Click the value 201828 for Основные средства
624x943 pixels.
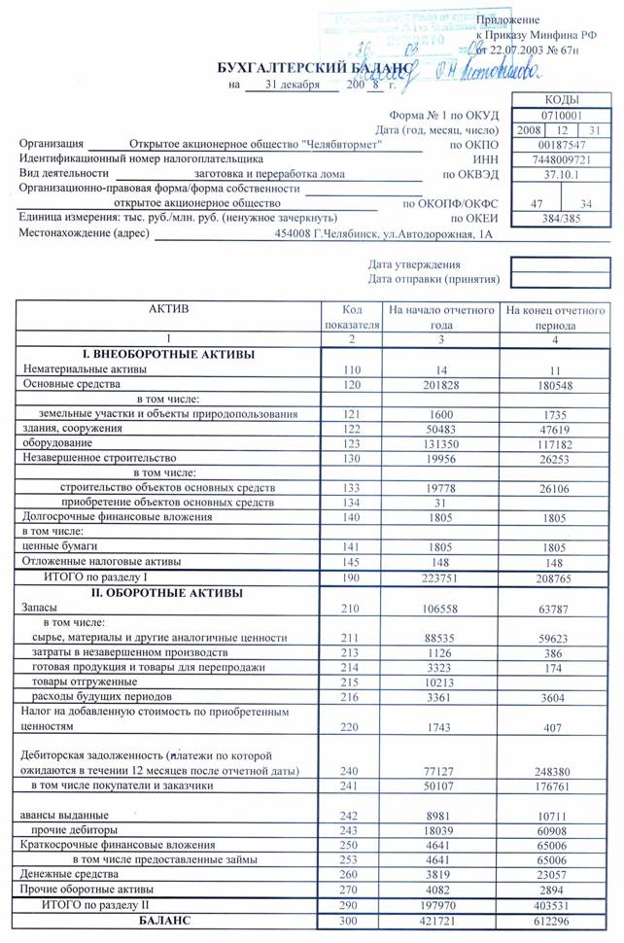[x=440, y=384]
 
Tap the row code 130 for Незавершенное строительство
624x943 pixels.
[x=351, y=457]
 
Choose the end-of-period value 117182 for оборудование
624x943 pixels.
[x=555, y=442]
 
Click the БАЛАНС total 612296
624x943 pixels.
[x=555, y=919]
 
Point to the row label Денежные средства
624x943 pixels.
[x=64, y=874]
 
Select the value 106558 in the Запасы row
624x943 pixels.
[x=440, y=608]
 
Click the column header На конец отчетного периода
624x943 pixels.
[x=555, y=318]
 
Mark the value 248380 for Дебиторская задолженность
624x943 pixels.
[x=555, y=771]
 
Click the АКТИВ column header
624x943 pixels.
[x=168, y=309]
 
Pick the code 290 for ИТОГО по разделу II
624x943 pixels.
[x=351, y=904]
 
